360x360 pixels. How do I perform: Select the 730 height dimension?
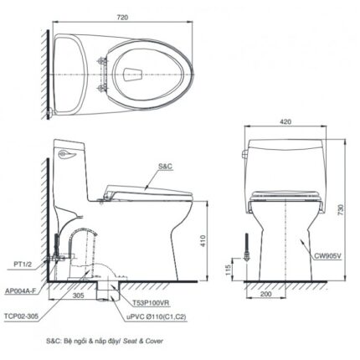point(342,213)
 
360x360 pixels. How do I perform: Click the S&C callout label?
point(164,167)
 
